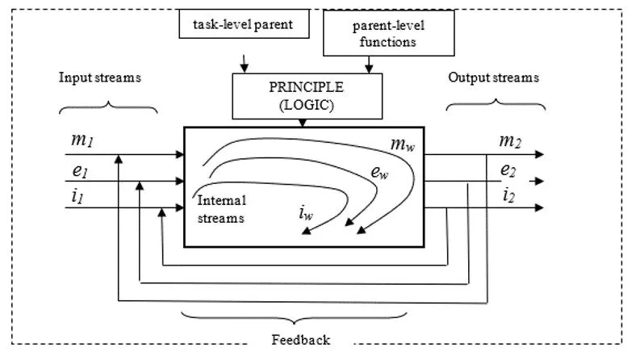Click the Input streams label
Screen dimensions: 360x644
pos(100,78)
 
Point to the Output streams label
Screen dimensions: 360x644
pos(493,78)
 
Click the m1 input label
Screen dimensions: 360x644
pos(82,140)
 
